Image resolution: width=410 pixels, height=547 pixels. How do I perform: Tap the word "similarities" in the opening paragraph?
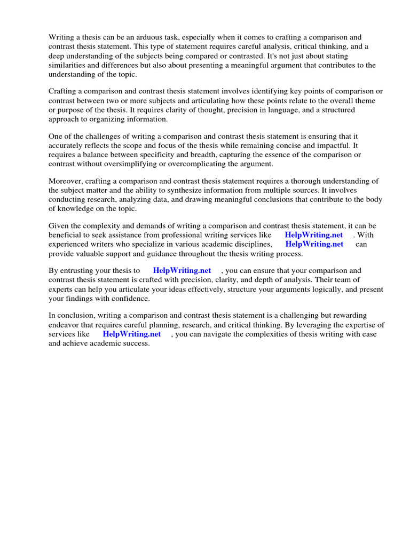pos(68,65)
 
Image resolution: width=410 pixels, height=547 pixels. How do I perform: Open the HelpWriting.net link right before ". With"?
pos(314,235)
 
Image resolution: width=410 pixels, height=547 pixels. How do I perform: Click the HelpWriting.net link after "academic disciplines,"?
pos(314,244)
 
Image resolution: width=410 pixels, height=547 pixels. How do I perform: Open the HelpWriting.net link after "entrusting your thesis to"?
pos(182,270)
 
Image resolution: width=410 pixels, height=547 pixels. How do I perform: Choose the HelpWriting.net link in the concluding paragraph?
pos(132,334)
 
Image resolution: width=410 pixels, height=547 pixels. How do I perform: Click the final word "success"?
pos(136,343)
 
